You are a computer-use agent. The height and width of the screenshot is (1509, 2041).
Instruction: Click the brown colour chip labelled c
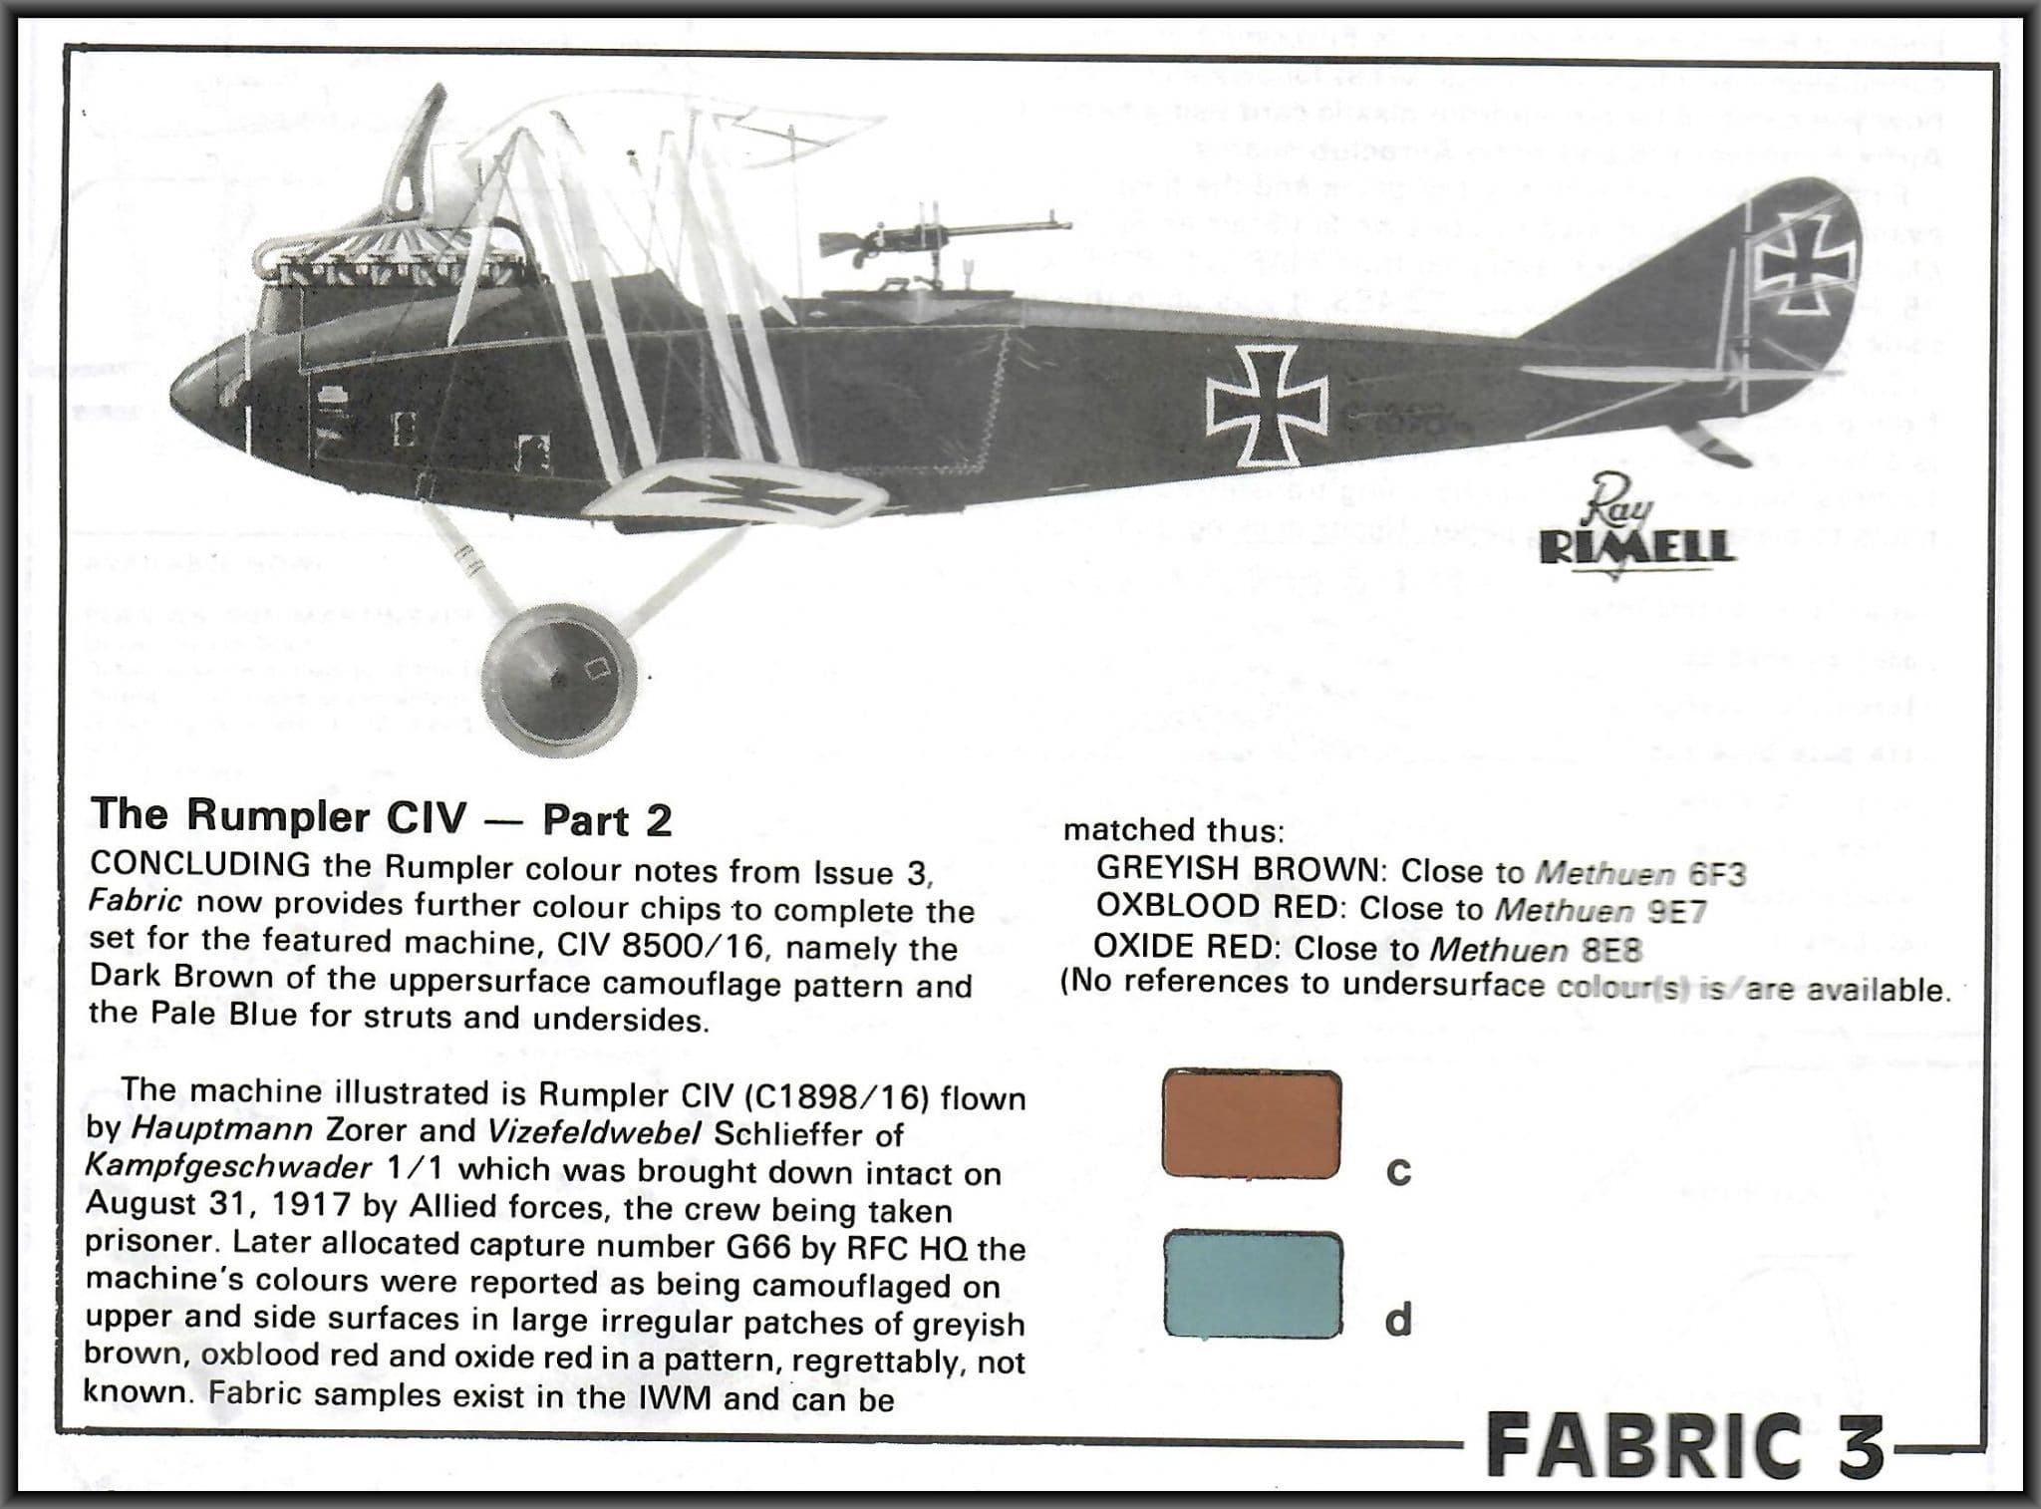[1251, 1124]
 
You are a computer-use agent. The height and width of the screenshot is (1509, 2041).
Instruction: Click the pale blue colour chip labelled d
[1251, 1284]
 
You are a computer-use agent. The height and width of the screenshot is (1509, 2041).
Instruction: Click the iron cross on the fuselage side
[1267, 408]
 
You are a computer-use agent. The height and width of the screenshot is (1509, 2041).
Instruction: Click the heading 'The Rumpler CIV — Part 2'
[382, 817]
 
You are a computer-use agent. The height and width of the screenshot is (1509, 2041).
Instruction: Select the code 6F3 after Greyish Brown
[1717, 873]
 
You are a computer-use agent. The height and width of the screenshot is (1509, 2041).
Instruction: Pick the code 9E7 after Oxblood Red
[1677, 911]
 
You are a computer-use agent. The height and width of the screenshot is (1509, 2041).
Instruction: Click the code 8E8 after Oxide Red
[1611, 950]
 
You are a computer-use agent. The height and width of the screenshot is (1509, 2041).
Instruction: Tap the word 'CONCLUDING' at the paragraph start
[199, 864]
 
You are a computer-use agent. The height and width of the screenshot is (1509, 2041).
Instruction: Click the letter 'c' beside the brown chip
[1398, 1172]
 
